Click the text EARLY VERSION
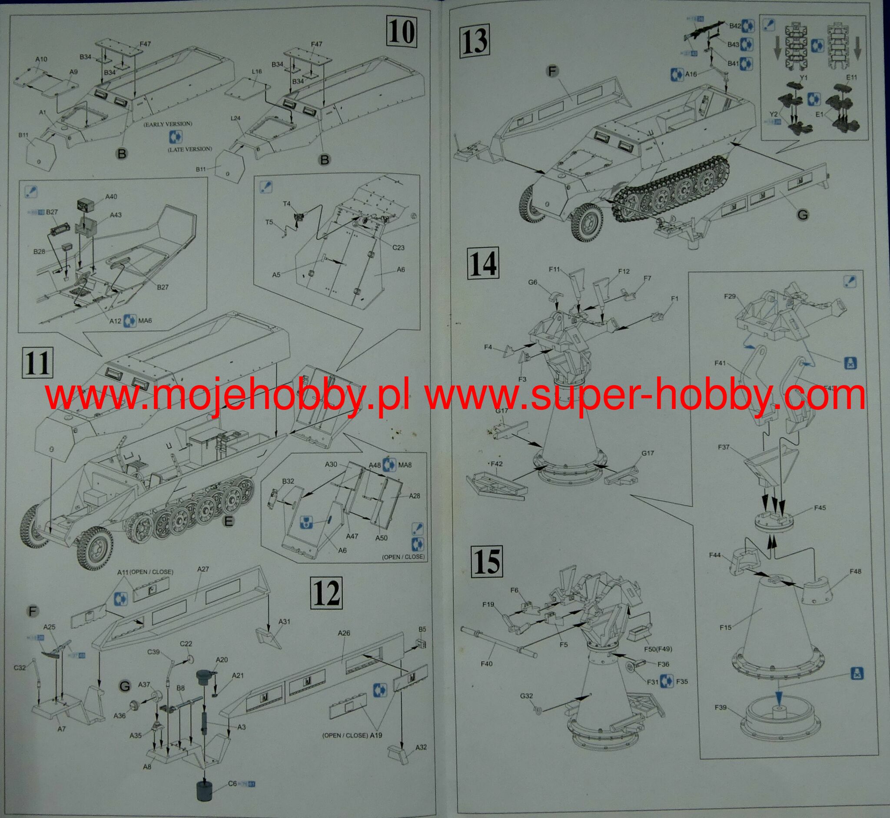[167, 123]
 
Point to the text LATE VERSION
[189, 149]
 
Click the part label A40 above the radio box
[111, 196]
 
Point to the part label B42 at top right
[735, 26]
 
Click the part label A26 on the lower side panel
[344, 633]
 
